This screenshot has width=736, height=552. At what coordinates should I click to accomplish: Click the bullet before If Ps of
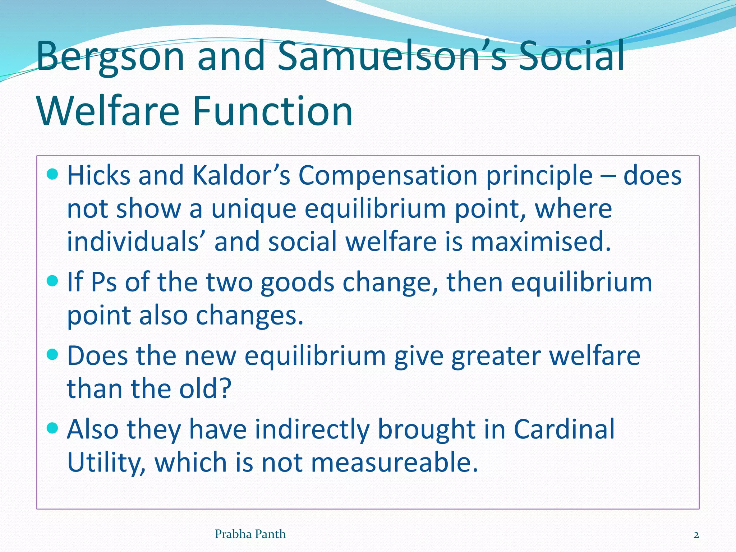[x=52, y=281]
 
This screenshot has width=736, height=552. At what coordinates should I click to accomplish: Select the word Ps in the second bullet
[x=104, y=282]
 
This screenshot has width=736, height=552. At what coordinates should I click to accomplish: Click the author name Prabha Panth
[x=250, y=534]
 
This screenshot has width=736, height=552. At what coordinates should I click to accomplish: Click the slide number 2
[x=696, y=535]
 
